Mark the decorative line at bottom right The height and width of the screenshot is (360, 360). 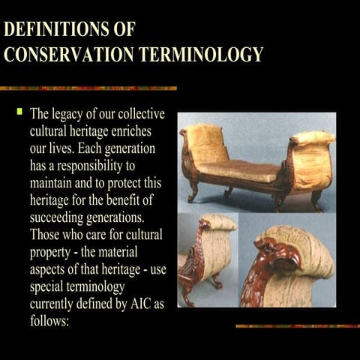[296, 325]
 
